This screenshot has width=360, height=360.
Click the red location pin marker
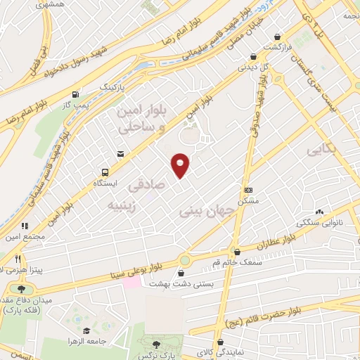181,165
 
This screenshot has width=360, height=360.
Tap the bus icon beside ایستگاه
105,172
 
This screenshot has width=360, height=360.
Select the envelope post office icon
120,153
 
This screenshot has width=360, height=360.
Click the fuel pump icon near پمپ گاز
75,93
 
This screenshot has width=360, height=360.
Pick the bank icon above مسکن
247,190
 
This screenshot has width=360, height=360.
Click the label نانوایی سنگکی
320,223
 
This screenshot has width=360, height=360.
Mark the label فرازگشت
281,47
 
